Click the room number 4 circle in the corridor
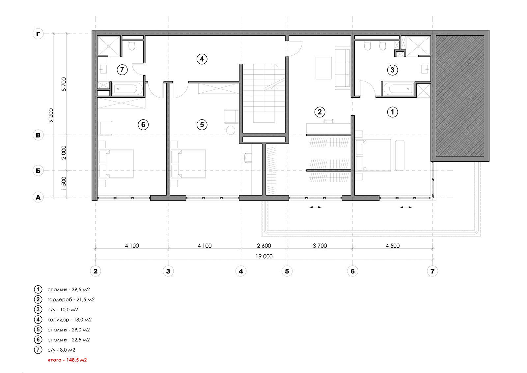point(202,59)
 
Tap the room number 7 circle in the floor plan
point(122,70)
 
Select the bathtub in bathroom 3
point(399,89)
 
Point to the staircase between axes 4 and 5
point(264,93)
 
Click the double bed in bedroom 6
point(116,164)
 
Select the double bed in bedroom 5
point(188,164)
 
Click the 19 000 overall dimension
point(264,256)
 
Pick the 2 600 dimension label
point(264,246)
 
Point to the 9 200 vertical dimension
point(51,115)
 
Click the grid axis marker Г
point(38,34)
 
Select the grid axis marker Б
point(38,171)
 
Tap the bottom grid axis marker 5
point(287,271)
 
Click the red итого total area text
point(67,360)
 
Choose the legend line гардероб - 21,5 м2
point(71,299)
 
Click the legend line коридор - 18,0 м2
point(69,320)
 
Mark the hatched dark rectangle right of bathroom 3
point(460,96)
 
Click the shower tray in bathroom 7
point(109,46)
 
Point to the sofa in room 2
point(343,68)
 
